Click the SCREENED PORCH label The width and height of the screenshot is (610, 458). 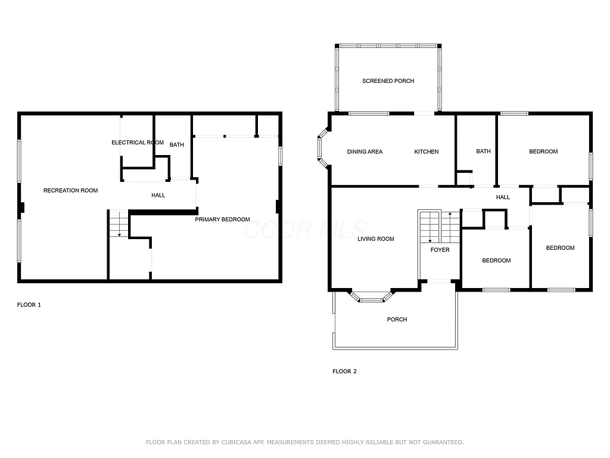click(388, 81)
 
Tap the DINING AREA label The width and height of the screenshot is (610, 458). click(365, 151)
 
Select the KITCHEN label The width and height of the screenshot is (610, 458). click(427, 151)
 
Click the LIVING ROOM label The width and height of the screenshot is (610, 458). click(376, 239)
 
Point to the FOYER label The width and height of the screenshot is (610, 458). click(440, 250)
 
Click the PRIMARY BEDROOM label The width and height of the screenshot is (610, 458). click(223, 219)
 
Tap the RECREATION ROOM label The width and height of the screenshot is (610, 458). click(70, 191)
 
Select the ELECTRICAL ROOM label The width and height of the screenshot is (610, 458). click(138, 143)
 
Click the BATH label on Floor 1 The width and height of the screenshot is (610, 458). click(177, 145)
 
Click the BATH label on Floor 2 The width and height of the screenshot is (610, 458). click(483, 151)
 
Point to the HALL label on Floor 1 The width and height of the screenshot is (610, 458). click(158, 195)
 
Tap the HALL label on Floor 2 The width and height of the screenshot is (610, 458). click(503, 197)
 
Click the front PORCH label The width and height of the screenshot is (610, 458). click(397, 320)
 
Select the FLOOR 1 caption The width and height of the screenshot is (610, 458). click(29, 305)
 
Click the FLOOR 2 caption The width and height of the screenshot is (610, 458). click(344, 372)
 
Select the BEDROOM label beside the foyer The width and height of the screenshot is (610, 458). click(496, 261)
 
